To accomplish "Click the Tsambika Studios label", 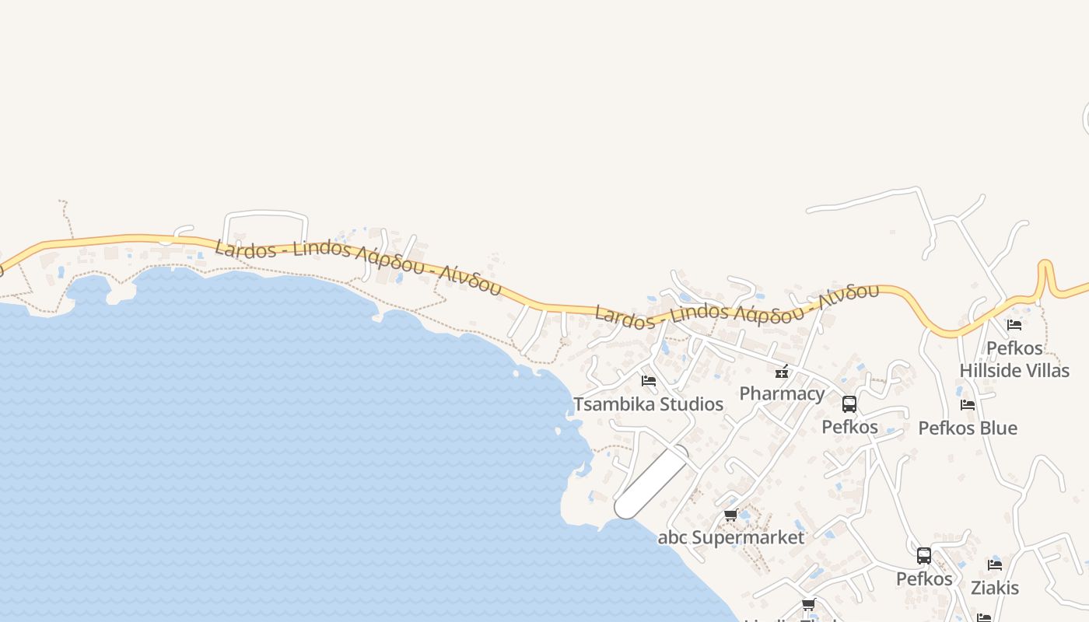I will click(x=648, y=404).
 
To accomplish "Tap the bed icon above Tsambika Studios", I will click(x=648, y=381).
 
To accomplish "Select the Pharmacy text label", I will click(x=782, y=393).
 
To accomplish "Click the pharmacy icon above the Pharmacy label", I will click(x=782, y=372).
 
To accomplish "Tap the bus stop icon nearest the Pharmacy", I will click(x=849, y=404).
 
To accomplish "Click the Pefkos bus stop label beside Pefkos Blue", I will click(x=849, y=427).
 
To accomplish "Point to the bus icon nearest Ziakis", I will click(x=924, y=556).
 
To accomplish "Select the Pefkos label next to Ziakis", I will click(x=924, y=579).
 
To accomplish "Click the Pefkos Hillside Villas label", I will click(x=1014, y=359).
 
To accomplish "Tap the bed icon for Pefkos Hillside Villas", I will click(x=1014, y=325).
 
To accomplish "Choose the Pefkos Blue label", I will click(x=968, y=428).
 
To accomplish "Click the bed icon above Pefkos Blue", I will click(x=968, y=404).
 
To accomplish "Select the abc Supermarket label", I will click(x=731, y=537).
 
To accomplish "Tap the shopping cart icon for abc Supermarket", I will click(x=730, y=515).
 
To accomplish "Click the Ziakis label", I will click(x=995, y=588).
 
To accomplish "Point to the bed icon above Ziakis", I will click(x=995, y=564).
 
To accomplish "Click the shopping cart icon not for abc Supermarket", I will click(x=808, y=605).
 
